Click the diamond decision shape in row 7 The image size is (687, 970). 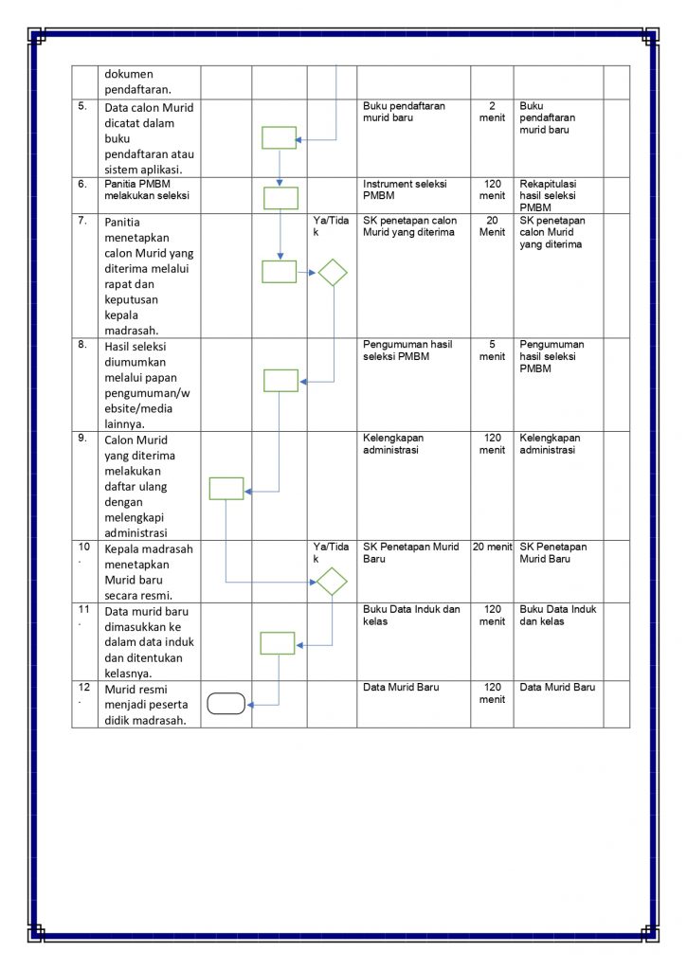tap(332, 273)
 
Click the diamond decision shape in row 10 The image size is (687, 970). tap(332, 581)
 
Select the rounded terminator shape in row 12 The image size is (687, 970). tap(226, 703)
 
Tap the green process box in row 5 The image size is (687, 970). tap(280, 138)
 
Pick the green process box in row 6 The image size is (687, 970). tap(280, 197)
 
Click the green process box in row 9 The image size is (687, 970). tap(226, 488)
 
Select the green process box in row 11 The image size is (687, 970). tap(278, 643)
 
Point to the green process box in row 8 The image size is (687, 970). tap(280, 380)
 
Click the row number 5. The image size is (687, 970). tap(83, 107)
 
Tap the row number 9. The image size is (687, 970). tap(83, 439)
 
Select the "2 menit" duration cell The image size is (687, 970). tap(492, 112)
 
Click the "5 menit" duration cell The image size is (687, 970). tap(492, 350)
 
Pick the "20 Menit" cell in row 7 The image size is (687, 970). tap(492, 226)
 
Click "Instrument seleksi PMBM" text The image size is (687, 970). tap(405, 189)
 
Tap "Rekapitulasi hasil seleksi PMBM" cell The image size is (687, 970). tap(549, 195)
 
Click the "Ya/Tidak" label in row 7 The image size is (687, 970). tap(331, 226)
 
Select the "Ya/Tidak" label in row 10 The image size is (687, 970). tap(331, 552)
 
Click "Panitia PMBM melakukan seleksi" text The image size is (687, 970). tap(147, 189)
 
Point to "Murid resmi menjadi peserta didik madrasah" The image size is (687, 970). tap(147, 704)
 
